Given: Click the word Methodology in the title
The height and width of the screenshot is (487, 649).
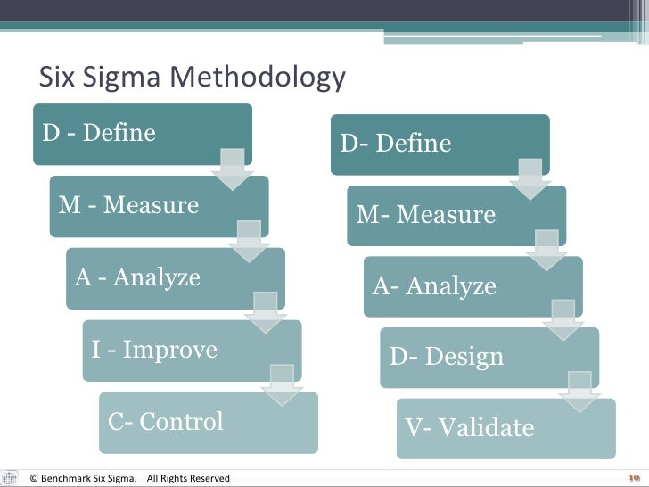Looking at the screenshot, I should tap(256, 79).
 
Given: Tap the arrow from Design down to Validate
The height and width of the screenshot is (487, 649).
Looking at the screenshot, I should tap(580, 392).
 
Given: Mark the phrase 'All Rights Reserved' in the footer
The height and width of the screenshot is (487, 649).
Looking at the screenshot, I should tap(188, 479).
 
